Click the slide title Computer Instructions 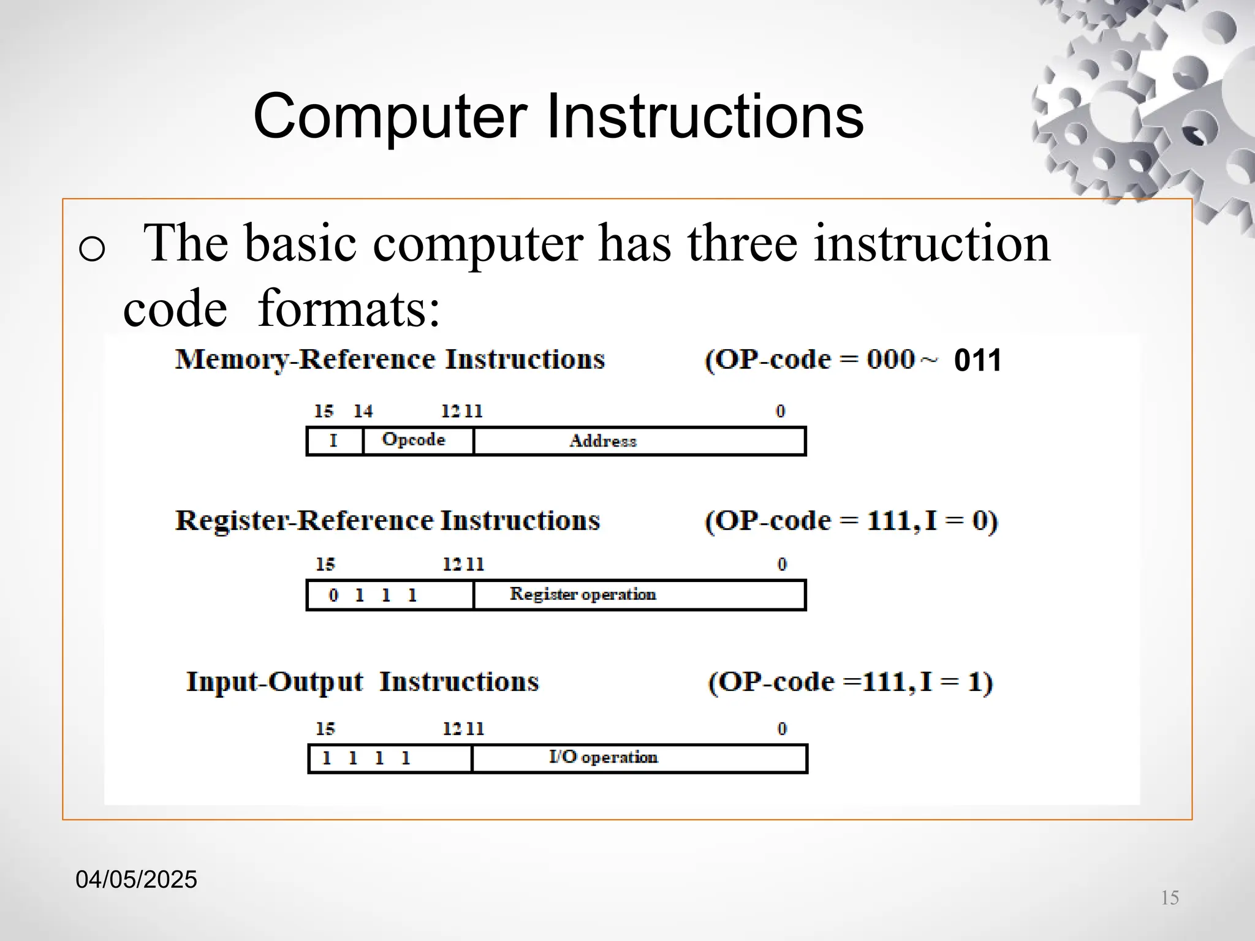click(x=558, y=116)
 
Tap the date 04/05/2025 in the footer click(x=136, y=880)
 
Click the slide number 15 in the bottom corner click(x=1170, y=898)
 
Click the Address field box click(x=639, y=441)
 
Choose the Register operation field click(x=639, y=595)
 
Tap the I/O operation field click(x=639, y=758)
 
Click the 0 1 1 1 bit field click(x=390, y=595)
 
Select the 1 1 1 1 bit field click(x=390, y=758)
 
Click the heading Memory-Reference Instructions click(x=390, y=360)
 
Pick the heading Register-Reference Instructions click(x=387, y=521)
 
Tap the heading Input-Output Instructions click(x=362, y=682)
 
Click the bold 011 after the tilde click(x=977, y=360)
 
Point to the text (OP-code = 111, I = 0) click(x=851, y=521)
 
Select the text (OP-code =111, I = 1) click(x=851, y=682)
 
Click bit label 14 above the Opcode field click(x=363, y=411)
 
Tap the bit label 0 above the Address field click(x=780, y=411)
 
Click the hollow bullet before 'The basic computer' click(x=92, y=249)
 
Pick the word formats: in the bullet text click(x=349, y=308)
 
